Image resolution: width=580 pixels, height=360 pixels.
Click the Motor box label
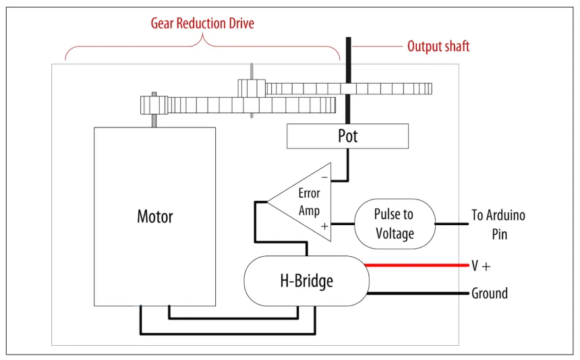tap(155, 216)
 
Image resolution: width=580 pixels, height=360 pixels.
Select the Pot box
tap(347, 136)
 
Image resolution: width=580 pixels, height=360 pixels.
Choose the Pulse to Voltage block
tap(394, 224)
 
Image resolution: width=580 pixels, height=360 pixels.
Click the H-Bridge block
tap(306, 280)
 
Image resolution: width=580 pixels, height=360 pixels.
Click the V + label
tap(480, 266)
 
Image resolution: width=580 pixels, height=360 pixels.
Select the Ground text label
tap(489, 293)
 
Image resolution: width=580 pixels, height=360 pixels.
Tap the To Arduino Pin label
tap(498, 224)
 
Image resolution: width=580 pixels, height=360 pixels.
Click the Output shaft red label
tap(438, 47)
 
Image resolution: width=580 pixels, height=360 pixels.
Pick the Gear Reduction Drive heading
tap(202, 24)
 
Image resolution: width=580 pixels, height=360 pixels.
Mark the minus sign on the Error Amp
tap(324, 177)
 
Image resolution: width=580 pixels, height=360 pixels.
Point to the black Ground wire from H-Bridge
tap(418, 294)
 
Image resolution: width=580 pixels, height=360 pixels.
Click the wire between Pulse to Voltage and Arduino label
tap(452, 223)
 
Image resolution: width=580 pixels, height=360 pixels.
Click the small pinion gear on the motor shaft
tap(154, 105)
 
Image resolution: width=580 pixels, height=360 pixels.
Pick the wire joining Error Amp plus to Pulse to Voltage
tap(343, 223)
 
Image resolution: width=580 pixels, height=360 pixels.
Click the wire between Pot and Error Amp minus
tap(349, 165)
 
